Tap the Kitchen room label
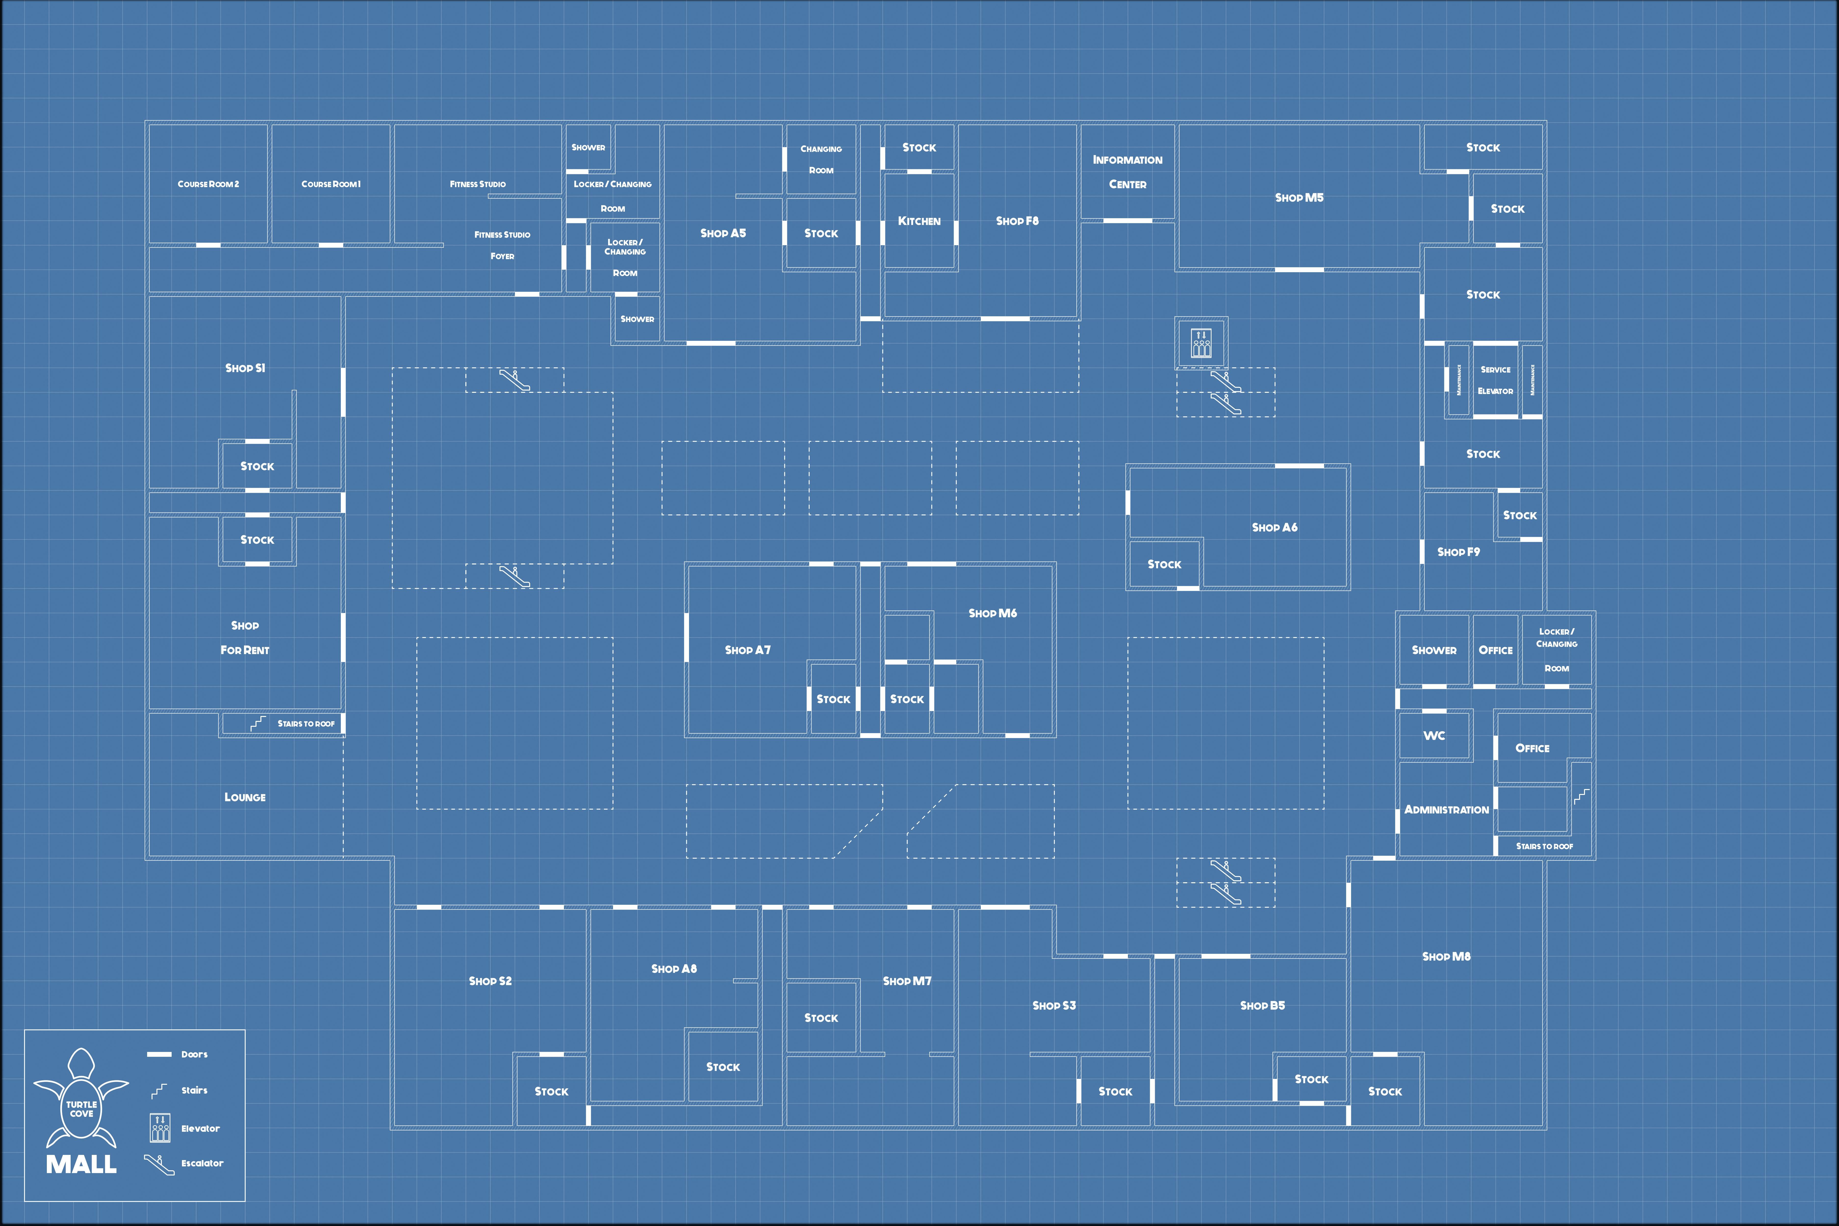click(x=919, y=221)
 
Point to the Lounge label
click(x=245, y=798)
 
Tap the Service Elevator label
click(x=1495, y=380)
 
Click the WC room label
click(x=1434, y=736)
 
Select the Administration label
click(x=1446, y=810)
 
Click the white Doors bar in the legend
click(x=160, y=1054)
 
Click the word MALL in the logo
click(x=81, y=1164)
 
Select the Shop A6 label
click(x=1275, y=528)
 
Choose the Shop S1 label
click(x=245, y=368)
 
